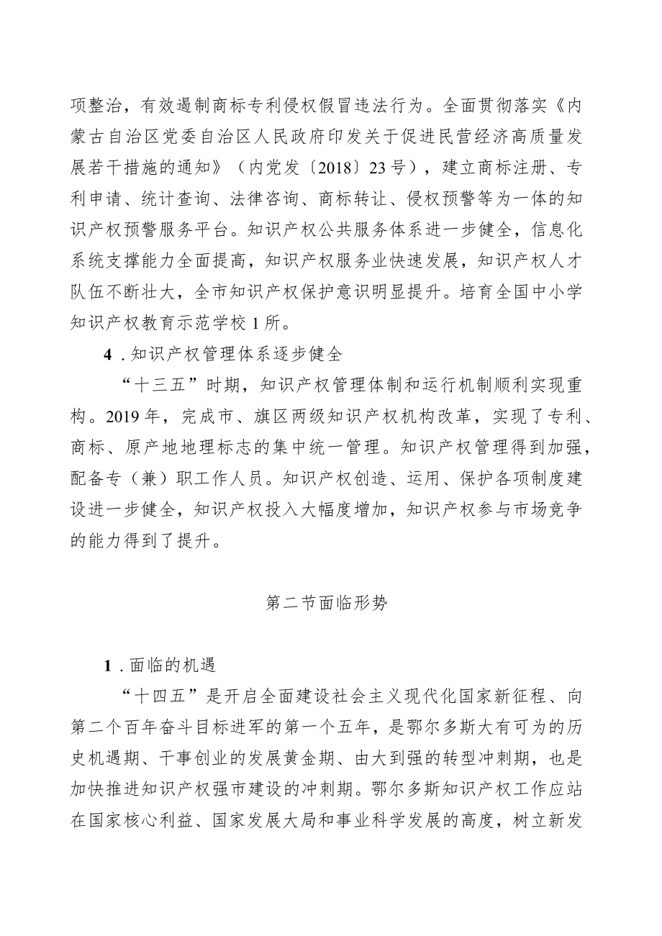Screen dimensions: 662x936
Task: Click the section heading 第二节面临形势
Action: click(x=327, y=604)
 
